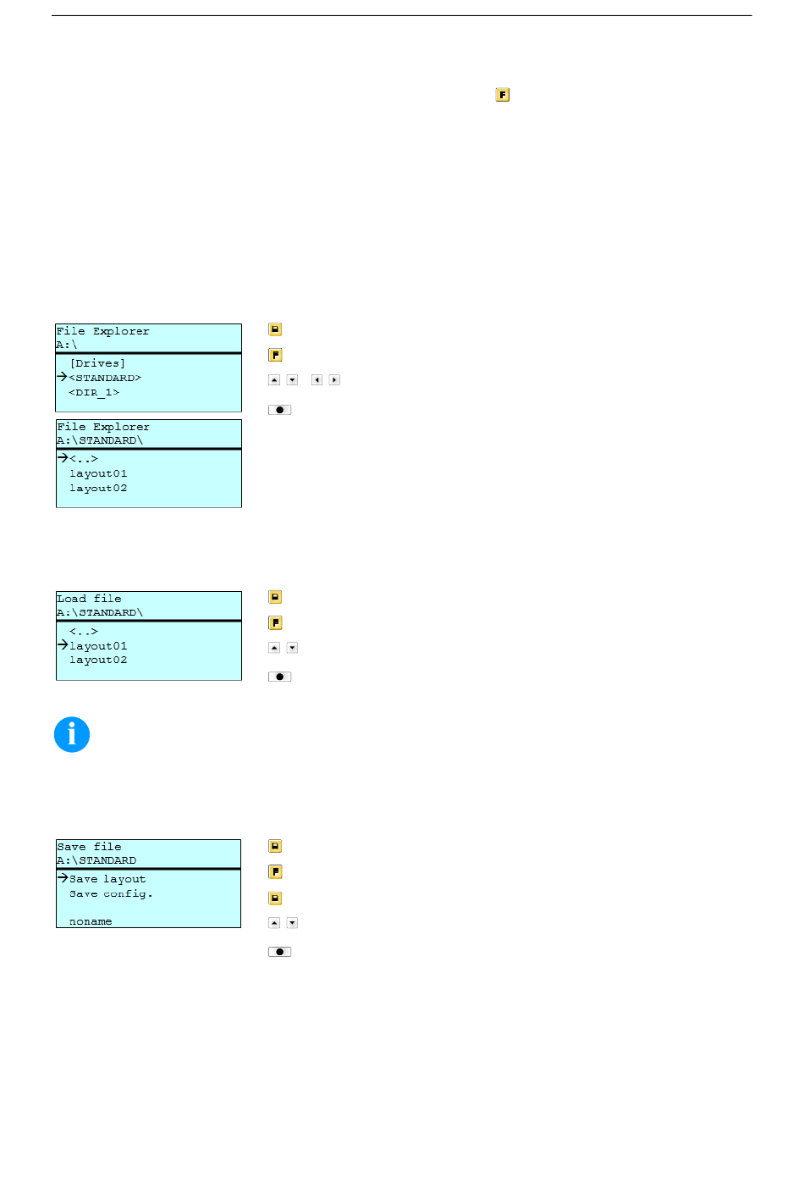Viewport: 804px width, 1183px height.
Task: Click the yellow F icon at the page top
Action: pyautogui.click(x=502, y=95)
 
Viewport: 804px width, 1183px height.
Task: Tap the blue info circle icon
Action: pyautogui.click(x=72, y=734)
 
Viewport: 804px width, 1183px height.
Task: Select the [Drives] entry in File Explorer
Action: pyautogui.click(x=97, y=363)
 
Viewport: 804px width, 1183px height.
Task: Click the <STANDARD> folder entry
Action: pyautogui.click(x=105, y=378)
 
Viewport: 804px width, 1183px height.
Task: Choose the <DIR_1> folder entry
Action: pyautogui.click(x=94, y=392)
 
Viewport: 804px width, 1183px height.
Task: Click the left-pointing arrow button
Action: pyautogui.click(x=317, y=379)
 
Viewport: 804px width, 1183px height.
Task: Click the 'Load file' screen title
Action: pyautogui.click(x=89, y=599)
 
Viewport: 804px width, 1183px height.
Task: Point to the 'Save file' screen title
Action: pyautogui.click(x=89, y=847)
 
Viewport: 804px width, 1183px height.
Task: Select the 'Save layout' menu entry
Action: pyautogui.click(x=107, y=879)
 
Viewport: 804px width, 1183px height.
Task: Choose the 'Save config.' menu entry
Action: pyautogui.click(x=111, y=893)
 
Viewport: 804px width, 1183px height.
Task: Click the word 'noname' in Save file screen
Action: pyautogui.click(x=91, y=921)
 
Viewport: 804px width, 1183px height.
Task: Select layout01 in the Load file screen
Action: pyautogui.click(x=98, y=646)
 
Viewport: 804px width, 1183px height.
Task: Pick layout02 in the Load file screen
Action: pyautogui.click(x=98, y=660)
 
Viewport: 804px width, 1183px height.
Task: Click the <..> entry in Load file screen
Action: pyautogui.click(x=84, y=631)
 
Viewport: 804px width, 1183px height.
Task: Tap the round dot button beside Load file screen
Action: pyautogui.click(x=279, y=677)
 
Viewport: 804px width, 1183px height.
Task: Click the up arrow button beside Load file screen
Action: pyautogui.click(x=274, y=648)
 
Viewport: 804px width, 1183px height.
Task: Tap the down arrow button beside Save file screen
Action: pyautogui.click(x=292, y=923)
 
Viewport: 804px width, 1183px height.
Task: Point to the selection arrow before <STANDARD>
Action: pyautogui.click(x=63, y=377)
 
